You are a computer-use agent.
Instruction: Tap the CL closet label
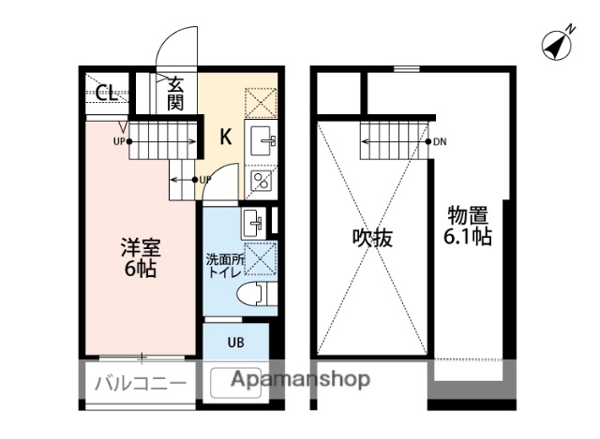pos(107,93)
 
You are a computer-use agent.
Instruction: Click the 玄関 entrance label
pos(175,94)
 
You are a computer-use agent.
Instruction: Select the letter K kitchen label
pos(226,137)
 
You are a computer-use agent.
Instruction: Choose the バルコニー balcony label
pos(139,382)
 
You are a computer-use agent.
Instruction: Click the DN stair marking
pos(440,143)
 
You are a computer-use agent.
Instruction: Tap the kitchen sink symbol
pos(261,141)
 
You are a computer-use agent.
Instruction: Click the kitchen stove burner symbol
pos(260,180)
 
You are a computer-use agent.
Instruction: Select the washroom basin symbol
pos(252,224)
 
